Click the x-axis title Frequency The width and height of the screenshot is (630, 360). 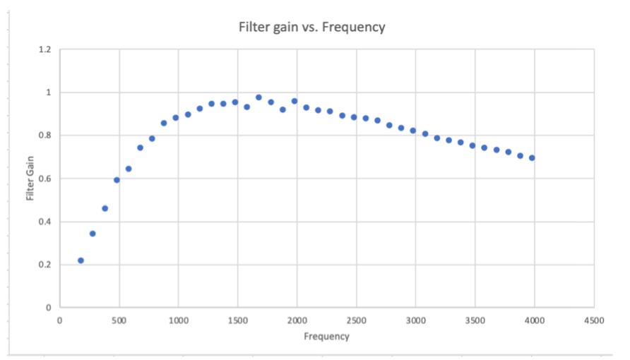tap(326, 336)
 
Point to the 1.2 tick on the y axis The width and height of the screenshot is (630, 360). tap(44, 49)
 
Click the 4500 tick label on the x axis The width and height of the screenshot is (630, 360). tap(594, 320)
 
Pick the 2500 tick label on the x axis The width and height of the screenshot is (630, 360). tap(357, 320)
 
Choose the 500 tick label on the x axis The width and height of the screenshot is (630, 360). tap(119, 320)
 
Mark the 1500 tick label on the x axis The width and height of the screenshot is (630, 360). tap(238, 320)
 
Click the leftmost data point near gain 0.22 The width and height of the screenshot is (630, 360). tap(81, 260)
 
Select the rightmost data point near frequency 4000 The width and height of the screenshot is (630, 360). tap(532, 158)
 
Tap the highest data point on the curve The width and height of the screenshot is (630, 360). tap(258, 97)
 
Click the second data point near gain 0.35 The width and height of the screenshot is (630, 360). tap(93, 234)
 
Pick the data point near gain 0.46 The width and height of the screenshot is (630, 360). tap(105, 208)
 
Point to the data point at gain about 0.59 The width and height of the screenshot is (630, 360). tap(117, 180)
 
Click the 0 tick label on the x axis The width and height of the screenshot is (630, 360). tap(59, 320)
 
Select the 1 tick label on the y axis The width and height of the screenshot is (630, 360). tap(48, 92)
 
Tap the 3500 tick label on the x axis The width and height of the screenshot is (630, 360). tap(475, 320)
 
